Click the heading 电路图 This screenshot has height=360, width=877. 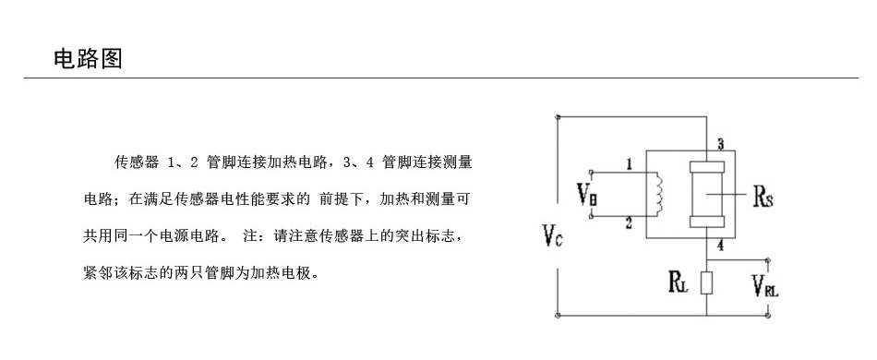88,58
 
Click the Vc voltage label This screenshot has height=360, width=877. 553,235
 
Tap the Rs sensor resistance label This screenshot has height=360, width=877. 763,197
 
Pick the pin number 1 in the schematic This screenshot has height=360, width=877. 630,164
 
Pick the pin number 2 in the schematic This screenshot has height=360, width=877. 630,224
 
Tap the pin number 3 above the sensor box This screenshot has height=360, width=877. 721,144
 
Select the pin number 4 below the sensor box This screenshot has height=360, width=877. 720,245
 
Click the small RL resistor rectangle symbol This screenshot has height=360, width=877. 707,282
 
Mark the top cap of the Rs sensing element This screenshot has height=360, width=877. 707,166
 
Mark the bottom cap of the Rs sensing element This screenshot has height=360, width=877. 707,222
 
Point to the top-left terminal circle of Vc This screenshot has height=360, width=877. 558,117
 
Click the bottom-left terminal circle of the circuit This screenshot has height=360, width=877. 558,316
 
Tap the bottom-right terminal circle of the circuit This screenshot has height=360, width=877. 768,316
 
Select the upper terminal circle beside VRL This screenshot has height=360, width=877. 768,260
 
